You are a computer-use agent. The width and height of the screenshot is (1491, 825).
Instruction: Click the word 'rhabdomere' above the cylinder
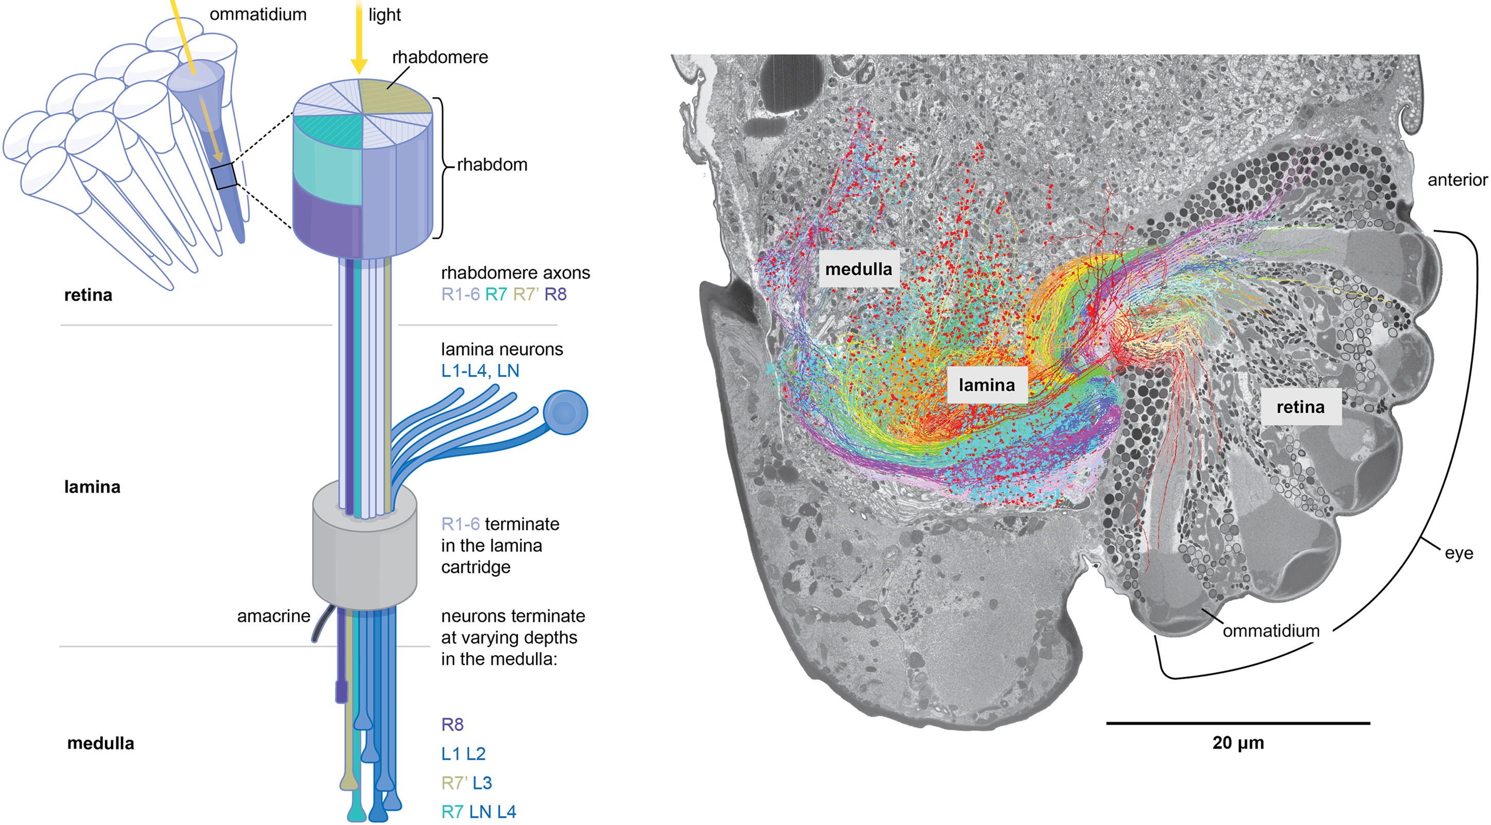click(x=440, y=57)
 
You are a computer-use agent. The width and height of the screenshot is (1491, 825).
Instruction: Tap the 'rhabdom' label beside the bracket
click(x=492, y=165)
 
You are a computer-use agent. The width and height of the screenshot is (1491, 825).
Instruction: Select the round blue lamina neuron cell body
click(x=566, y=413)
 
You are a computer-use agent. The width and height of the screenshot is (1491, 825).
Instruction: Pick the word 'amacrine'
click(x=273, y=616)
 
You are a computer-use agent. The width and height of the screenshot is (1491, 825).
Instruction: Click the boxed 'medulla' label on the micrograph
click(x=858, y=269)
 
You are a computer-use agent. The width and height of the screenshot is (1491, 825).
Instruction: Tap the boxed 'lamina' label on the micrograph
click(x=987, y=385)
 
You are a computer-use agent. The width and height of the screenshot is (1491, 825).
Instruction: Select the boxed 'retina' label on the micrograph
click(x=1301, y=407)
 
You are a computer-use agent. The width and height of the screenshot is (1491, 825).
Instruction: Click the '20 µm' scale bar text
click(x=1238, y=743)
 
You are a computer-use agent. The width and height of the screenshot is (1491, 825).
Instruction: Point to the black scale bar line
click(x=1238, y=723)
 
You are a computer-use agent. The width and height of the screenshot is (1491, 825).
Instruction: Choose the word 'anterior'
click(x=1458, y=180)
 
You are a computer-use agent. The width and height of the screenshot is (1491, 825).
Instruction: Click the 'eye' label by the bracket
click(x=1459, y=553)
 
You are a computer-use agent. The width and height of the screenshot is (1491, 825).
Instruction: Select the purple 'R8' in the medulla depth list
click(x=452, y=724)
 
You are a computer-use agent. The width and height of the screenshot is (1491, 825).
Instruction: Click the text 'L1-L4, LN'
click(x=480, y=371)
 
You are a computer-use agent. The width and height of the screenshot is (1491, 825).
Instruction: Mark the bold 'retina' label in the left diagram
click(x=88, y=295)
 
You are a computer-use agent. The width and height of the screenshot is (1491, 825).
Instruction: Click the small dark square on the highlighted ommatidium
click(x=224, y=176)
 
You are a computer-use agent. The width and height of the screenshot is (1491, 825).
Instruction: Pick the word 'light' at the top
click(x=384, y=15)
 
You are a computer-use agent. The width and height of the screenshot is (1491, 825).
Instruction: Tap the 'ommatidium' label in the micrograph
click(x=1271, y=630)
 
